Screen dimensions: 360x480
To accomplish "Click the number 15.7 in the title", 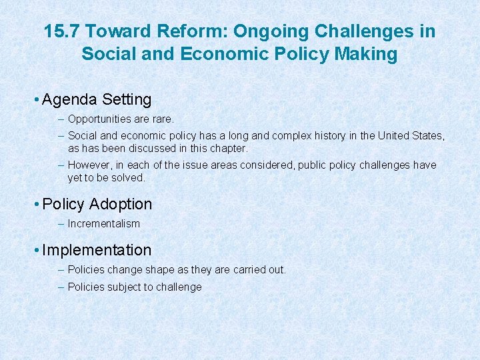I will point(62,31).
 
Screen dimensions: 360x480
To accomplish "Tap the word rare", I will point(163,119).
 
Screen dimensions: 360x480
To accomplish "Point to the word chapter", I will point(227,148).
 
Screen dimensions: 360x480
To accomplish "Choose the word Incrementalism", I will point(104,224).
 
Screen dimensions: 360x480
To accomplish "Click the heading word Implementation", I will point(97,250).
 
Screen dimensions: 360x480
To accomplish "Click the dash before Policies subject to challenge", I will point(61,287).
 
